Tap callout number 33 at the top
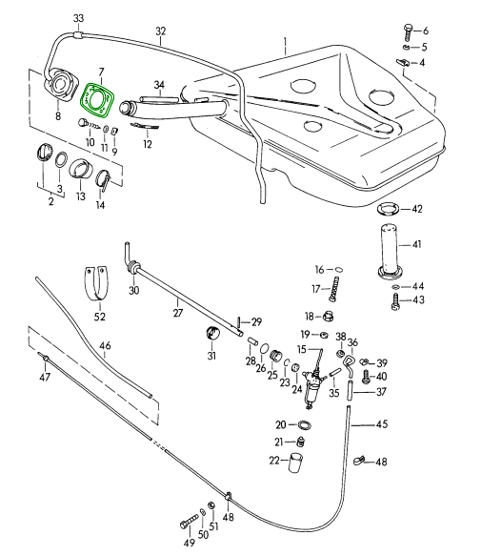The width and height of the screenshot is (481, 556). pos(79,18)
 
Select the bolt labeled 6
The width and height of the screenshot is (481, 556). pos(408,33)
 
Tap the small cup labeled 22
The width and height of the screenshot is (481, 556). pos(295,462)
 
